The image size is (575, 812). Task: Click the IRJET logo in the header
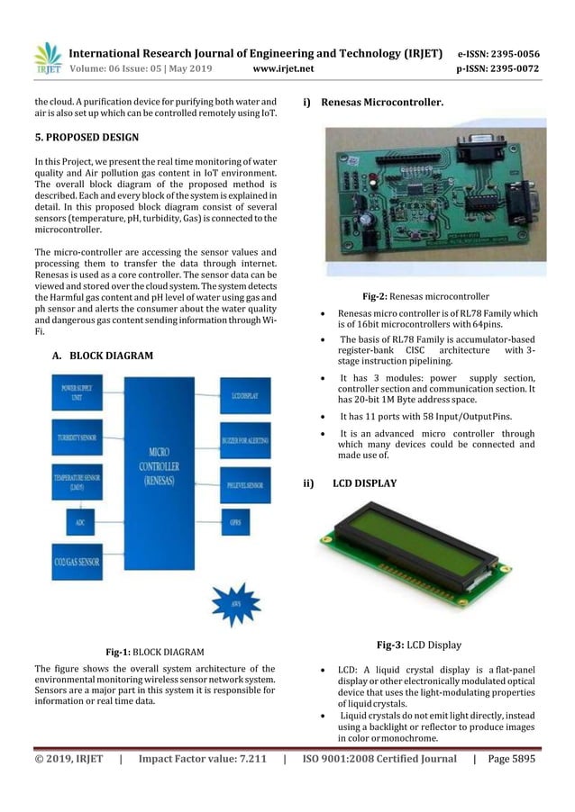47,59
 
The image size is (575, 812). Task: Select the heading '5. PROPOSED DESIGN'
86,138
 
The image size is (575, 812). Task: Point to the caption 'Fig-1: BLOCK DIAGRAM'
155,651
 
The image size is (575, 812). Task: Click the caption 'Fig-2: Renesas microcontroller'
426,295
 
